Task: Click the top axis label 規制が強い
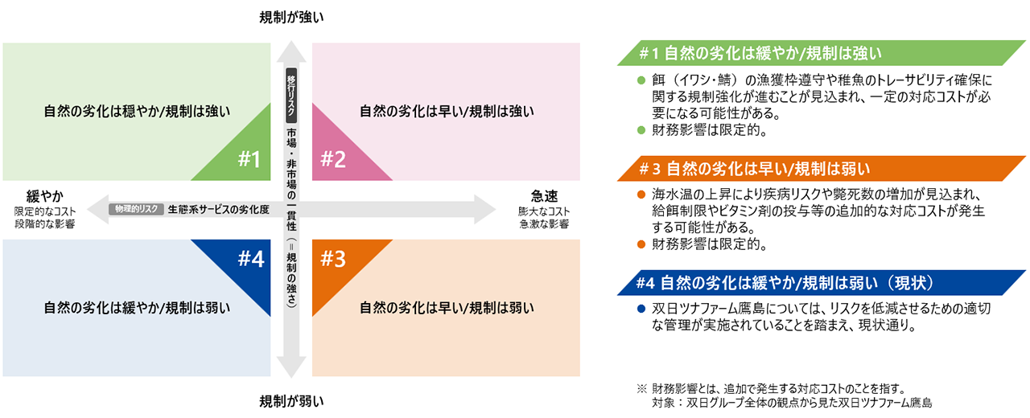point(291,17)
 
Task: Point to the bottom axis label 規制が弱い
point(291,400)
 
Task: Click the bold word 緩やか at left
point(45,195)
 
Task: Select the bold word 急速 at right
point(544,195)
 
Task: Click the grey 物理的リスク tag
point(137,209)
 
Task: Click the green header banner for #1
point(821,53)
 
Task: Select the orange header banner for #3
point(821,169)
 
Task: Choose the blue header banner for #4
point(821,284)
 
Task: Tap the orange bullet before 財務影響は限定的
point(641,242)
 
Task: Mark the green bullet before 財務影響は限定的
point(641,128)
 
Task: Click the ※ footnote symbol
point(641,388)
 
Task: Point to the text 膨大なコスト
point(544,211)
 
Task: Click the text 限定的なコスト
point(45,211)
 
